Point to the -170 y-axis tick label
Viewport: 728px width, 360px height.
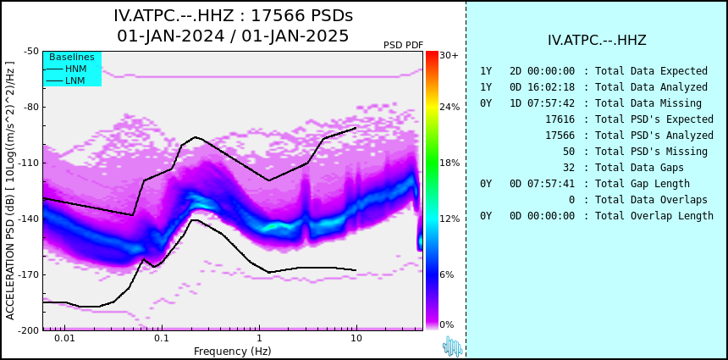coord(30,274)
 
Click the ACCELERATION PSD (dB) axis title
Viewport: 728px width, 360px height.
coord(10,191)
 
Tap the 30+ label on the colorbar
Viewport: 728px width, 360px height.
coord(449,55)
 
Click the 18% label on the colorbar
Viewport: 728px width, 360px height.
coord(449,163)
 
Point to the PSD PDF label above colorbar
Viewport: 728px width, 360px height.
coord(404,45)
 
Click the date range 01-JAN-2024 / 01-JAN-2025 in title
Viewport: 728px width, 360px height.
coord(233,36)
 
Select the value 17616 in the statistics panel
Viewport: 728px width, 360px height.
coord(560,119)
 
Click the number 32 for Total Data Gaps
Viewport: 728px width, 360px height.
coord(569,167)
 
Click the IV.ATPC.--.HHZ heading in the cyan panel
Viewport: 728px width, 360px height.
coord(597,40)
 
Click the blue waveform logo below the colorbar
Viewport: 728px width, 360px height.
coord(453,346)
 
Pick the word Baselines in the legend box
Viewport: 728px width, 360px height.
coord(72,57)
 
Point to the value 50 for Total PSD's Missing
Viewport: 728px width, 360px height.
coord(569,152)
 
